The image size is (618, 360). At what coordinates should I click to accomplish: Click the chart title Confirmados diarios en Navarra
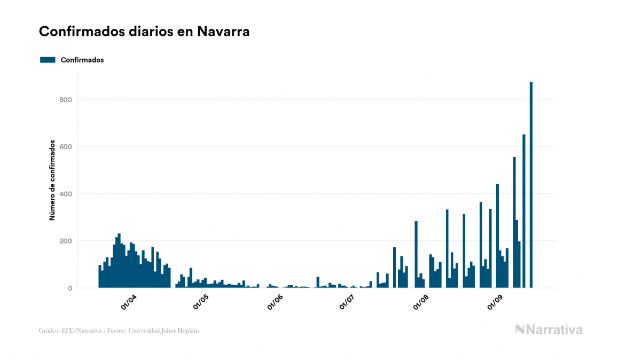tap(144, 32)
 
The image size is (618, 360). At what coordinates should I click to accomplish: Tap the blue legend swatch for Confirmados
tap(48, 60)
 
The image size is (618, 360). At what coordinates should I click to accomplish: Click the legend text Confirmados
tap(82, 60)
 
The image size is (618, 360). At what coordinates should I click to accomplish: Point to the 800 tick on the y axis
tap(66, 99)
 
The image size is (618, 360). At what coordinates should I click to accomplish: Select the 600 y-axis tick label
tap(66, 146)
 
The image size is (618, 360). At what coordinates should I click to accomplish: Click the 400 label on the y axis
tap(66, 194)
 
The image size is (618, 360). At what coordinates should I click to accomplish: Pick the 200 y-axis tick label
tap(66, 241)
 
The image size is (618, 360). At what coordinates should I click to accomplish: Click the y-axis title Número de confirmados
tap(52, 180)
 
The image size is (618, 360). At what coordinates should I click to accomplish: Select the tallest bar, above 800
tap(531, 187)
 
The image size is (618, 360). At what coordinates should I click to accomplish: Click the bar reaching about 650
tap(524, 214)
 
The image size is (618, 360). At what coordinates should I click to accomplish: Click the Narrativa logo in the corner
tap(549, 330)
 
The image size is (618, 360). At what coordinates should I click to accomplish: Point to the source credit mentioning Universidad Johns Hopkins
tap(119, 331)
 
